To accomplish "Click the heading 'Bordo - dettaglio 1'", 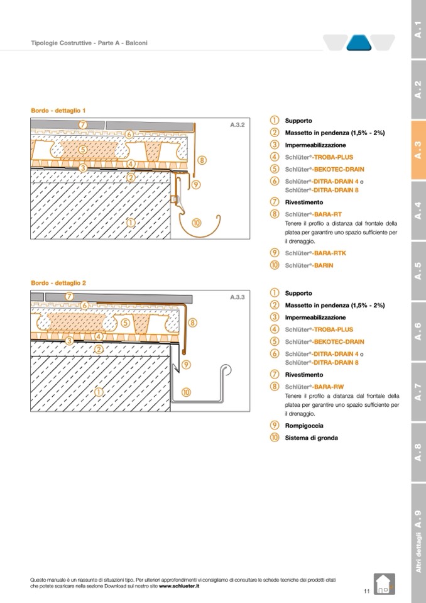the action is [x=58, y=111].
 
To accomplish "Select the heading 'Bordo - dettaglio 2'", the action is [x=58, y=283].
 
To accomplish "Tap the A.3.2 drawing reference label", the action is [x=238, y=125].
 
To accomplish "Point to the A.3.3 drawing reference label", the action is [x=238, y=297].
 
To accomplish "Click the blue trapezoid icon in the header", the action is [x=359, y=43].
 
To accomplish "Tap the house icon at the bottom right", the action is [x=385, y=584].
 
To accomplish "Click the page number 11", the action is [x=366, y=591].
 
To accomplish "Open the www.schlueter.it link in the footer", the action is [x=179, y=587].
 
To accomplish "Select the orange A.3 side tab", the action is [x=418, y=150].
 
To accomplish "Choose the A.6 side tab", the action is [x=418, y=331].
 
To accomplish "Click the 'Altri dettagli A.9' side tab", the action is [x=418, y=543].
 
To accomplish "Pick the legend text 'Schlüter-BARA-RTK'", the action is [x=315, y=253].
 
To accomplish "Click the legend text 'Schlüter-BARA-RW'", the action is [x=314, y=387].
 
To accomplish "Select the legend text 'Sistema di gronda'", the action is [x=311, y=438].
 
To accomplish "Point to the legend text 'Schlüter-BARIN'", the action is [x=309, y=265].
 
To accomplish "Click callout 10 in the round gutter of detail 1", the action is [x=196, y=223].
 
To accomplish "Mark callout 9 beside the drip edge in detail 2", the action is [x=187, y=365].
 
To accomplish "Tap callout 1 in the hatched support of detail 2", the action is [x=99, y=392].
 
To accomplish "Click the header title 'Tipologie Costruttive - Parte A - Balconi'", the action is [x=89, y=43].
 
